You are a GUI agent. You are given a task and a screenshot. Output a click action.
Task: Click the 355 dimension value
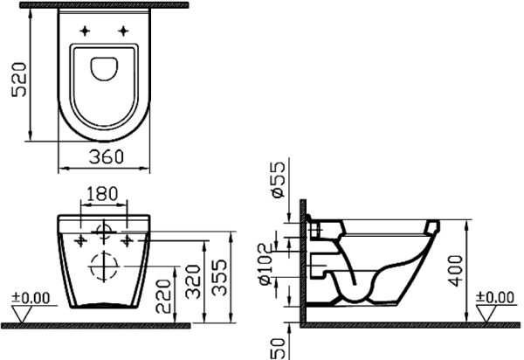(225, 277)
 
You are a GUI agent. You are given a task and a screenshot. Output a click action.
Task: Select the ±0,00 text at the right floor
(495, 298)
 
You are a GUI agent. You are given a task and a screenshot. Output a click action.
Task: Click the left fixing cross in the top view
(85, 31)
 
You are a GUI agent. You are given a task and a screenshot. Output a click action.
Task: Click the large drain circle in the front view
(104, 262)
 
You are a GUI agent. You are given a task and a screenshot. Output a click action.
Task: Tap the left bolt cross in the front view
(80, 238)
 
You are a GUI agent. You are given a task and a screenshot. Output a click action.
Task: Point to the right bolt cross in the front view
(128, 238)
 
